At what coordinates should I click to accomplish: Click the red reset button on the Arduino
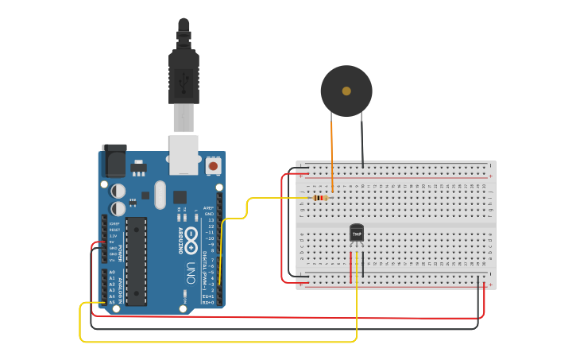(213, 166)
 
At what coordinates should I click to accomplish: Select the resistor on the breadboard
(320, 198)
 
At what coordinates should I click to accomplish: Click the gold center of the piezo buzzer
(346, 91)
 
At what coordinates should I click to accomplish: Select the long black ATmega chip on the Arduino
(136, 261)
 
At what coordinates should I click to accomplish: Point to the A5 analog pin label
(111, 302)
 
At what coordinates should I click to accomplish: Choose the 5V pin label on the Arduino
(112, 242)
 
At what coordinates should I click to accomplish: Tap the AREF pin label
(209, 208)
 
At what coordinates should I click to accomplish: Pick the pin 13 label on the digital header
(210, 220)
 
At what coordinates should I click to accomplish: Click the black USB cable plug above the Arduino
(184, 75)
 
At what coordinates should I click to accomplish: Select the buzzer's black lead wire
(362, 143)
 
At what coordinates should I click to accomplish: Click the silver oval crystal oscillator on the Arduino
(160, 195)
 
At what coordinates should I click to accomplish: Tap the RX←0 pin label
(208, 303)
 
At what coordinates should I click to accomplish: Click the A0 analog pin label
(111, 272)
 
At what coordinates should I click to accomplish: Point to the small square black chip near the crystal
(180, 196)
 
